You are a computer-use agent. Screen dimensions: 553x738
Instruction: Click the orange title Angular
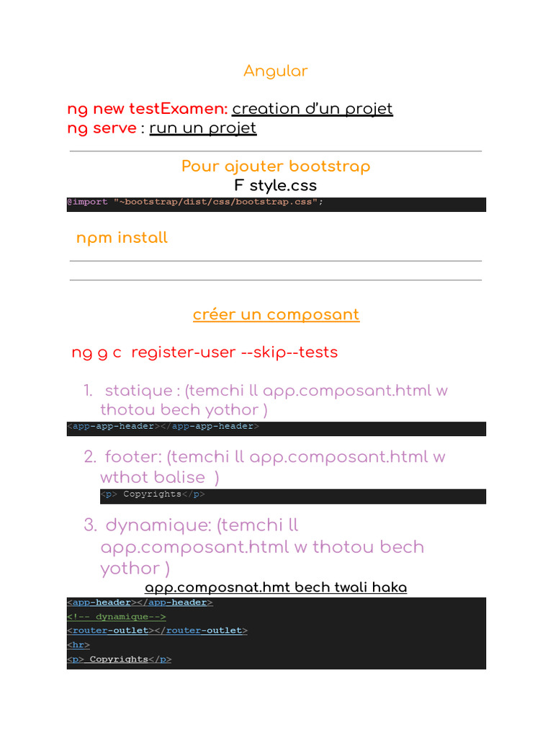click(x=275, y=71)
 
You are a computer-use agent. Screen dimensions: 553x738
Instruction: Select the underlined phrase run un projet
click(x=202, y=128)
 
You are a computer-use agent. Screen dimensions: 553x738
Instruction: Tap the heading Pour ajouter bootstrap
click(x=276, y=166)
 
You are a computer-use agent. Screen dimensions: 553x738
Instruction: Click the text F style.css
click(x=276, y=186)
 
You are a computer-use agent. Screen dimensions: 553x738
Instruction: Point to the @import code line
click(x=195, y=202)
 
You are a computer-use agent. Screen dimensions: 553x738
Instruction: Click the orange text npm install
click(x=122, y=238)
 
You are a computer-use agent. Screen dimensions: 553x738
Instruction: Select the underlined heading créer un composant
click(x=276, y=315)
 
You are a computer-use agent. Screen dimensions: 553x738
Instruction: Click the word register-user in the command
click(x=183, y=352)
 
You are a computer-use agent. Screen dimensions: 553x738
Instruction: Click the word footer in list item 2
click(x=132, y=457)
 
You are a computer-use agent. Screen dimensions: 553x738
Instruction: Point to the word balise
click(x=181, y=477)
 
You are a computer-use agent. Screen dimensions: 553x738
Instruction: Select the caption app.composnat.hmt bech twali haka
click(x=276, y=587)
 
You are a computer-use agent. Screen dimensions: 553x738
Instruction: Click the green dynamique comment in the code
click(x=117, y=616)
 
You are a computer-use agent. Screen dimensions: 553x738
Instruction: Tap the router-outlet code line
click(x=157, y=631)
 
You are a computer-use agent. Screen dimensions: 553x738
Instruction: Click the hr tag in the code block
click(x=78, y=645)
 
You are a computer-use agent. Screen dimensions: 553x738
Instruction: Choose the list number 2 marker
click(x=89, y=457)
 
